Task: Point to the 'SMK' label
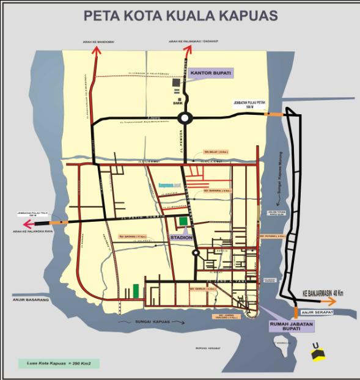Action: coord(178,103)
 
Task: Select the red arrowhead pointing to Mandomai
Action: coord(95,51)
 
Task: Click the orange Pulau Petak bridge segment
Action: coord(273,114)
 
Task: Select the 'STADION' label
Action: coord(182,237)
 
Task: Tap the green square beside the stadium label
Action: coord(183,221)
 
